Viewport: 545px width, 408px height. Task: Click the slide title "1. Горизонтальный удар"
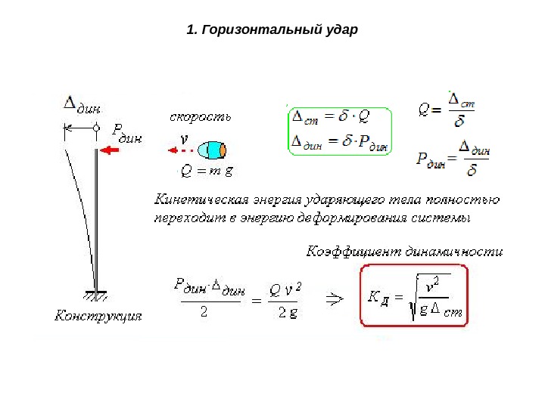[270, 31]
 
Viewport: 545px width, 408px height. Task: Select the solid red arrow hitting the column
[114, 151]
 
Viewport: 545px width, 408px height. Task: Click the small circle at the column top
[96, 129]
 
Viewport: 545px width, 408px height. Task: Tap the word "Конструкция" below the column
[98, 316]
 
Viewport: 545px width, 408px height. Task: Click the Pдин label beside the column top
[126, 132]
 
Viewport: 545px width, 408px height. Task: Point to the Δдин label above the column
[81, 105]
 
